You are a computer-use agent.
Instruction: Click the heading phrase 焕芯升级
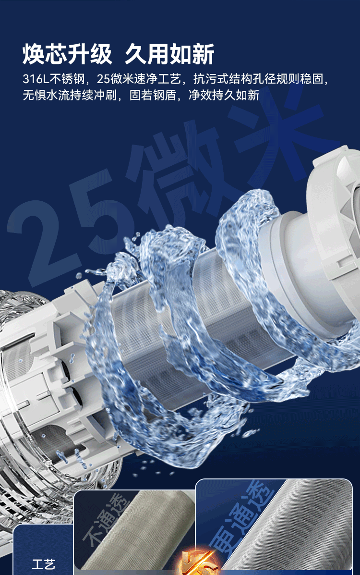pyautogui.click(x=67, y=54)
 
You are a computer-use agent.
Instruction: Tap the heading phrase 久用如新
pyautogui.click(x=169, y=54)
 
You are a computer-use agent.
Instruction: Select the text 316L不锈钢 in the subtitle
pyautogui.click(x=54, y=79)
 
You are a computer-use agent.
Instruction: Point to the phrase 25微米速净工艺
pyautogui.click(x=139, y=79)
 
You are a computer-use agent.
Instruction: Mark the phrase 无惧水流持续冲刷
pyautogui.click(x=70, y=95)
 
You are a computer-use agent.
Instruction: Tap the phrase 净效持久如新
pyautogui.click(x=224, y=95)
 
